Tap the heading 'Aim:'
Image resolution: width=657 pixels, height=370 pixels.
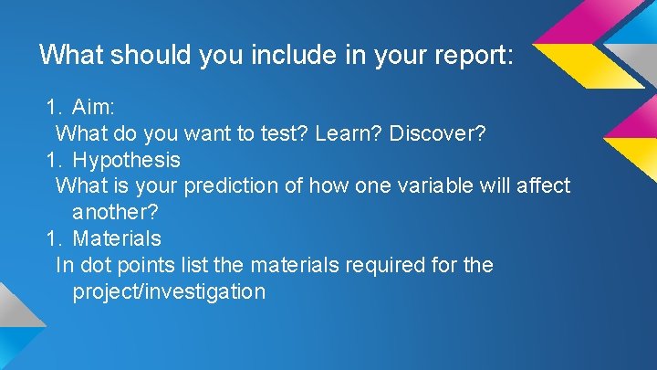93,107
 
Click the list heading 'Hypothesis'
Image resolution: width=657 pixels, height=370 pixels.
126,160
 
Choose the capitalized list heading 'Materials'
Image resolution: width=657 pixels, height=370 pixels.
117,239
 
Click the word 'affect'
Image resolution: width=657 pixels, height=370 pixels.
543,186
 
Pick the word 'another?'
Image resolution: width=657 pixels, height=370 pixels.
115,213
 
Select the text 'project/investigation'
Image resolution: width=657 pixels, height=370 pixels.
169,292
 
